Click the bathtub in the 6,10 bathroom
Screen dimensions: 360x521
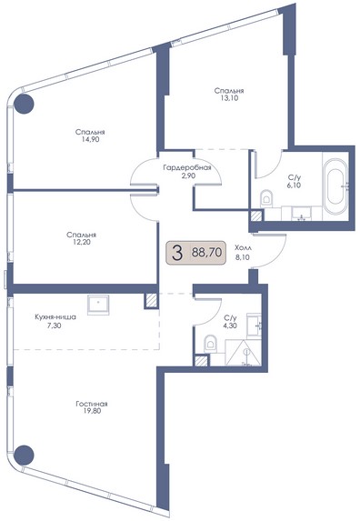(335, 187)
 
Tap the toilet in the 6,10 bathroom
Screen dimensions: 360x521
(265, 199)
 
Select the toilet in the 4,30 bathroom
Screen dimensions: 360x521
(210, 344)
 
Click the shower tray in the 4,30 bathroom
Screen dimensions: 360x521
(243, 353)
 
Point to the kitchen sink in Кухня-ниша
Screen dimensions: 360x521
(98, 305)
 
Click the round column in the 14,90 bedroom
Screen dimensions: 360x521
(24, 104)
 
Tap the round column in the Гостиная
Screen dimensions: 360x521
(25, 455)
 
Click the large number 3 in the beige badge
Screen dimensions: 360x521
(177, 253)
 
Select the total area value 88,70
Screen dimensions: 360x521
(206, 253)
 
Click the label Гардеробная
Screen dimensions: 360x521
(187, 167)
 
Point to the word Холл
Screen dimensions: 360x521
(243, 248)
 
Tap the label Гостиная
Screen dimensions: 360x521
(92, 404)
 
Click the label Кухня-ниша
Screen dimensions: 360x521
(55, 317)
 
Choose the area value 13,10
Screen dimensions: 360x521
(229, 98)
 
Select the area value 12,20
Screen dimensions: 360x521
(82, 243)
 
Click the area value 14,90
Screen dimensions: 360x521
(90, 139)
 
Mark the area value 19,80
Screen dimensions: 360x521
(92, 411)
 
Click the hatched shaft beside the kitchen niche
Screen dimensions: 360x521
(151, 300)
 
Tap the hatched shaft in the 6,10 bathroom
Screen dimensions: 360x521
(256, 216)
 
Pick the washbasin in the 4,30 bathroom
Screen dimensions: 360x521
(254, 324)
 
